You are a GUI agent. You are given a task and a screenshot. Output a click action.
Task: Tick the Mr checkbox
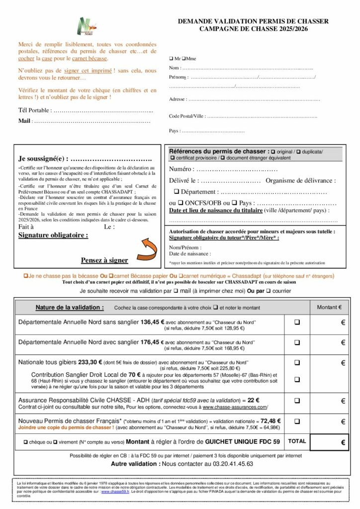point(171,59)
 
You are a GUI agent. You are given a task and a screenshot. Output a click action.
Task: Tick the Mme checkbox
point(184,59)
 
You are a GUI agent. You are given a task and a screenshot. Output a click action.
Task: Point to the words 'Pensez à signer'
point(104,260)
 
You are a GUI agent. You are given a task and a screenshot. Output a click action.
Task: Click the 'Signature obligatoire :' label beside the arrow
point(53,235)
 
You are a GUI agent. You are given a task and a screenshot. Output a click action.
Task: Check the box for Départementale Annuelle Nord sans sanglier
point(297,322)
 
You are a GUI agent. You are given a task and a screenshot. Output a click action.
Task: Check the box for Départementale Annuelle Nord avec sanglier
point(297,342)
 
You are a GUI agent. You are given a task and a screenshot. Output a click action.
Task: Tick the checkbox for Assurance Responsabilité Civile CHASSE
point(297,400)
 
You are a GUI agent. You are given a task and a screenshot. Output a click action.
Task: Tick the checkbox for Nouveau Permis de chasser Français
point(297,421)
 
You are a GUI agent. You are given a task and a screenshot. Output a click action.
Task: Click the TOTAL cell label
point(297,441)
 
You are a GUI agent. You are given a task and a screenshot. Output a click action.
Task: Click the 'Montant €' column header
point(329,307)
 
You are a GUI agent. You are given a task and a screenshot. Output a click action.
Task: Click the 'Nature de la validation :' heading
point(70,307)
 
